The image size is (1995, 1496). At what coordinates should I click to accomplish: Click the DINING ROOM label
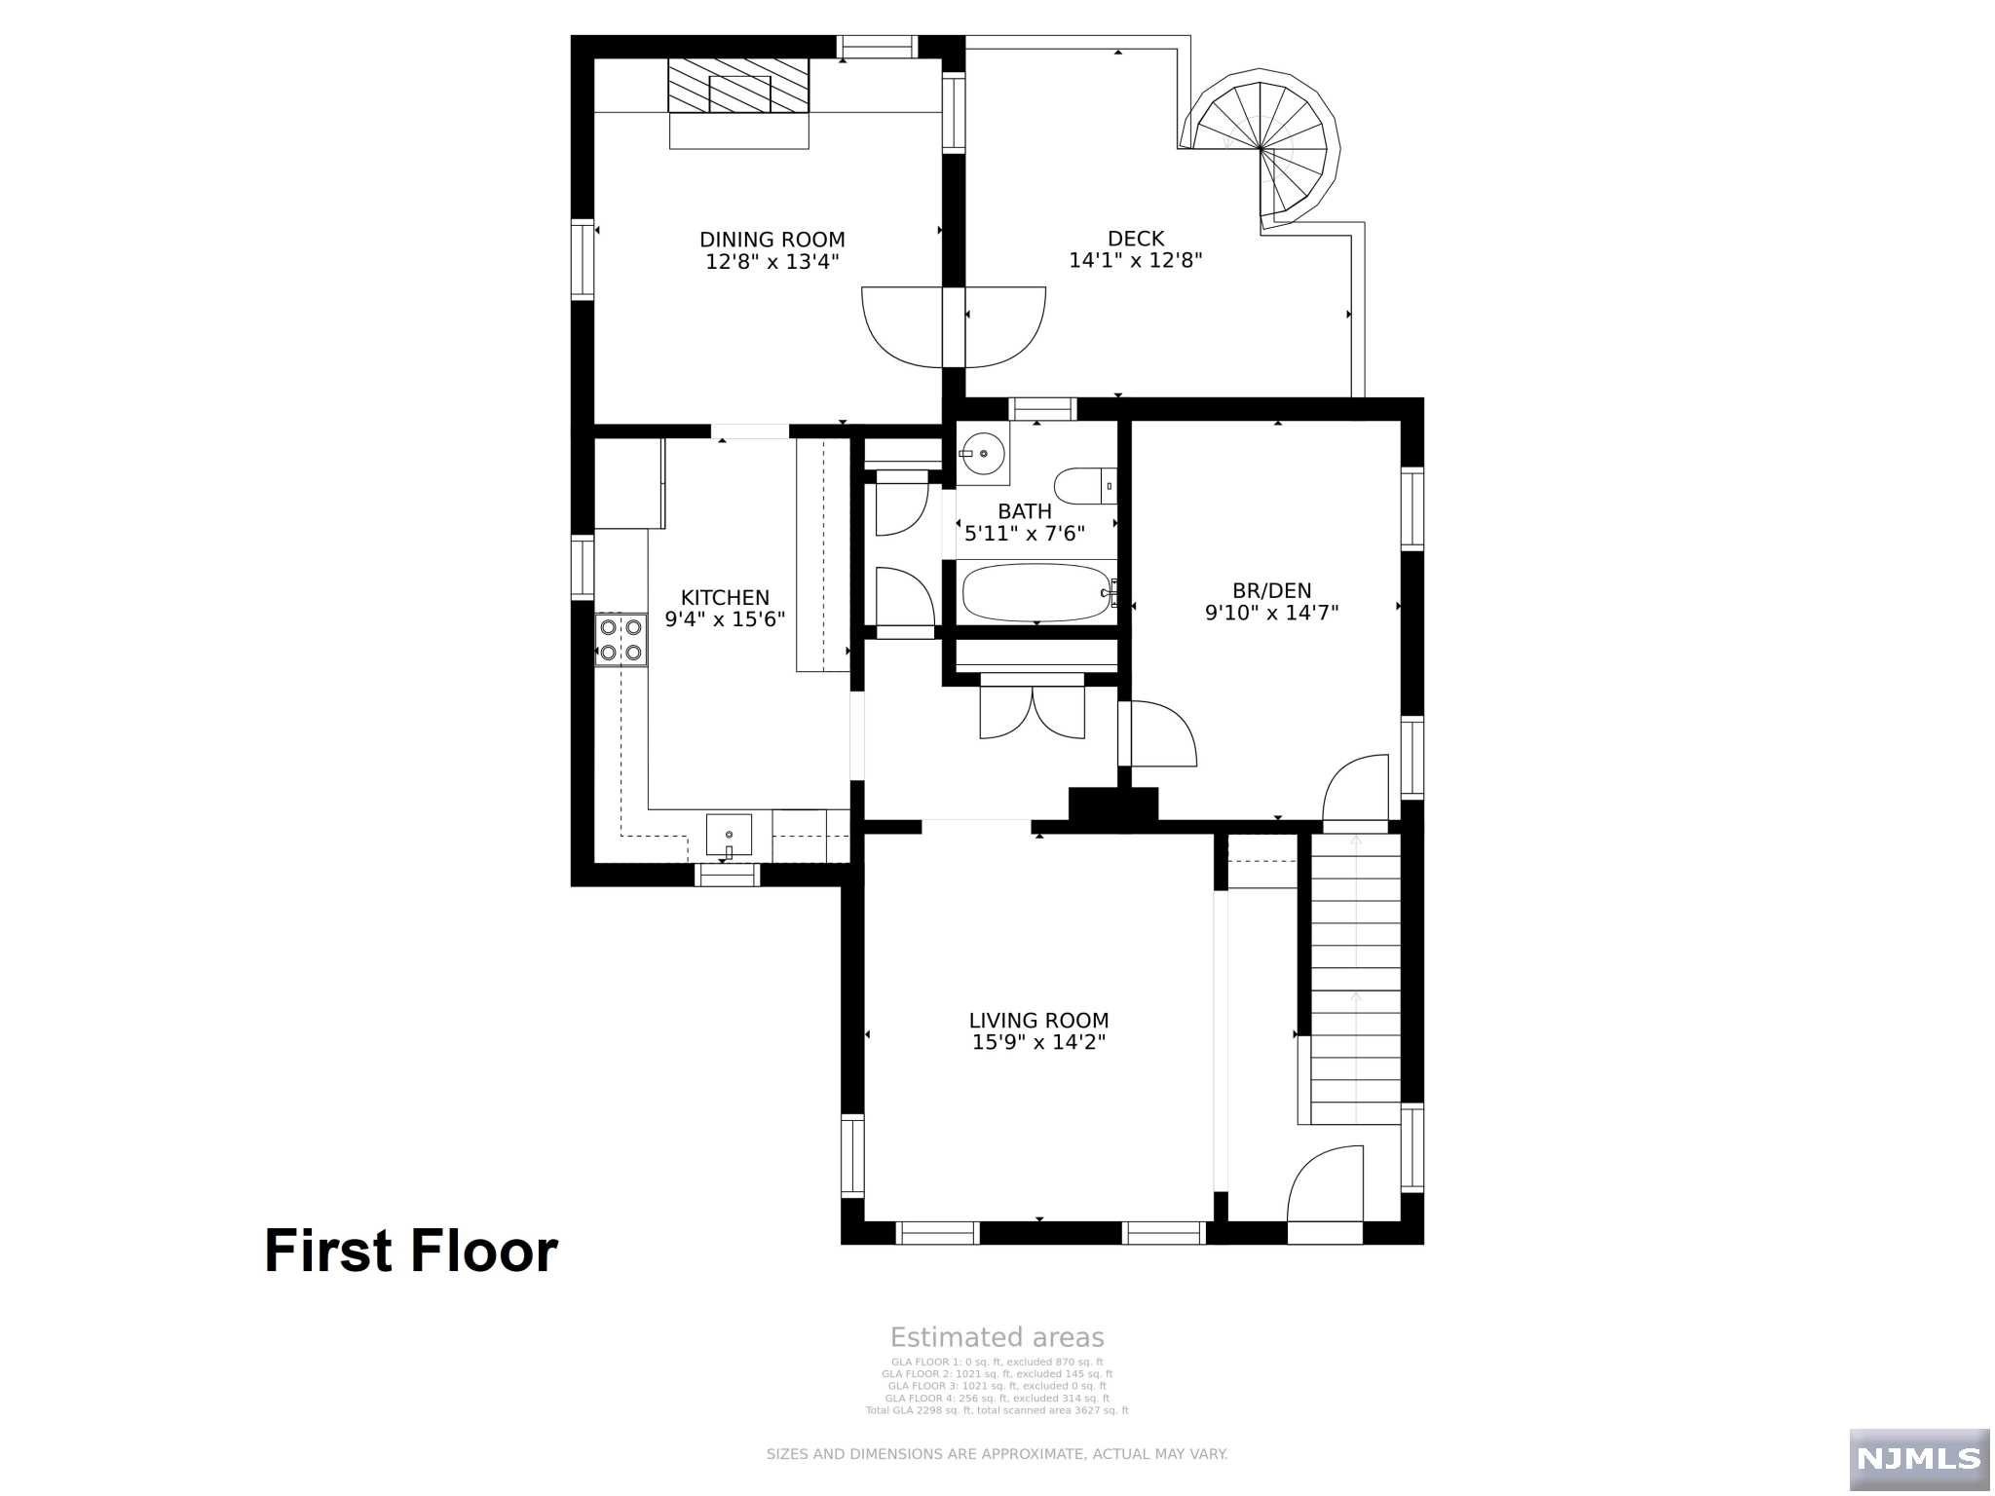[x=772, y=240]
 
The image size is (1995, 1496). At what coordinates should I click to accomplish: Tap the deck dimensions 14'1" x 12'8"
[x=1136, y=261]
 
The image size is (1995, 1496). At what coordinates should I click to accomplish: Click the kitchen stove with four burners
[x=621, y=640]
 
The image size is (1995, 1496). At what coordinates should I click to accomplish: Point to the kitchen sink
[x=729, y=836]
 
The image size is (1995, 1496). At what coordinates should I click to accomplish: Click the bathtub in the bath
[x=1037, y=592]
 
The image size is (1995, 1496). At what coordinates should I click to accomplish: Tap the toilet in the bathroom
[x=1084, y=485]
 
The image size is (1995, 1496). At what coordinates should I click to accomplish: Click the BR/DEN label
[x=1271, y=590]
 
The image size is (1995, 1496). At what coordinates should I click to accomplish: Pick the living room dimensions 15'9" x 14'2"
[x=1038, y=1042]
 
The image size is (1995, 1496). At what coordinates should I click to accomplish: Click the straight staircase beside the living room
[x=1355, y=974]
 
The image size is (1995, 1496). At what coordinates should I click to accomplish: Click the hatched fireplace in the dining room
[x=738, y=86]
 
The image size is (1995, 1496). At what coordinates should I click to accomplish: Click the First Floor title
[x=410, y=1252]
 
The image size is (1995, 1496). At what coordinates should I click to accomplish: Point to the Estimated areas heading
[x=997, y=1337]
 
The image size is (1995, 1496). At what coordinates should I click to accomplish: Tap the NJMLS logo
[x=1918, y=1458]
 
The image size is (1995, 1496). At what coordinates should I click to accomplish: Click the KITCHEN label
[x=725, y=598]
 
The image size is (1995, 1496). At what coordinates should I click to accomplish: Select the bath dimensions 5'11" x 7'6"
[x=1025, y=534]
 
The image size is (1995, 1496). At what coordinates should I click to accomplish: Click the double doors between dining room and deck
[x=954, y=327]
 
